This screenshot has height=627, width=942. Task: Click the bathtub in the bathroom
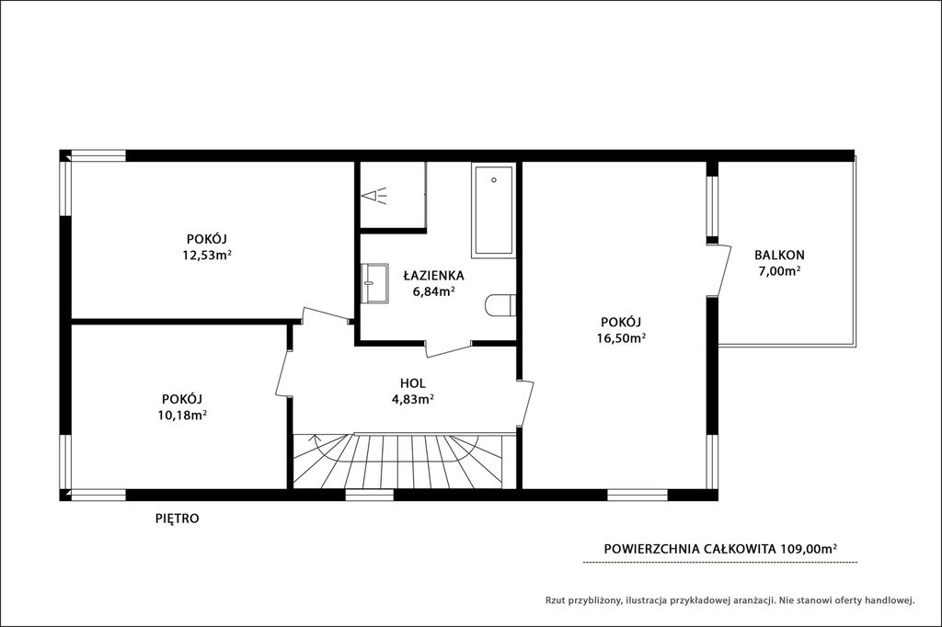pyautogui.click(x=494, y=211)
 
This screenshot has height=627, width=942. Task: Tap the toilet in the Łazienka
pyautogui.click(x=500, y=304)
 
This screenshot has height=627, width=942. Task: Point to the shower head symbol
pyautogui.click(x=373, y=196)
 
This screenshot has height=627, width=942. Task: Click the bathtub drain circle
pyautogui.click(x=494, y=179)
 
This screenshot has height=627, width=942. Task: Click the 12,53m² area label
pyautogui.click(x=207, y=255)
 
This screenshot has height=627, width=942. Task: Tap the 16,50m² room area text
pyautogui.click(x=621, y=337)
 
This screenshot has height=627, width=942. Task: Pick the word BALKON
pyautogui.click(x=780, y=255)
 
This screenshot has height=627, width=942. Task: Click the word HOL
pyautogui.click(x=413, y=383)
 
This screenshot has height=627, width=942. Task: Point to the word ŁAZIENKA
pyautogui.click(x=433, y=276)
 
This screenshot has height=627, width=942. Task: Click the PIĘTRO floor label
pyautogui.click(x=178, y=519)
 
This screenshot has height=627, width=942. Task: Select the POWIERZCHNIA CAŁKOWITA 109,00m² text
pyautogui.click(x=721, y=548)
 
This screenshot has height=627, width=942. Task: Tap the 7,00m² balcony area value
pyautogui.click(x=780, y=271)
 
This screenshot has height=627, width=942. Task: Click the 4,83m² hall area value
pyautogui.click(x=413, y=399)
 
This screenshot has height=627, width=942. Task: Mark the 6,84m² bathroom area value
pyautogui.click(x=433, y=291)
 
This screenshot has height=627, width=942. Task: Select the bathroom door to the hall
pyautogui.click(x=449, y=348)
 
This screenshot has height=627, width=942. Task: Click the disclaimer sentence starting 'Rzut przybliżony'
pyautogui.click(x=729, y=599)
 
